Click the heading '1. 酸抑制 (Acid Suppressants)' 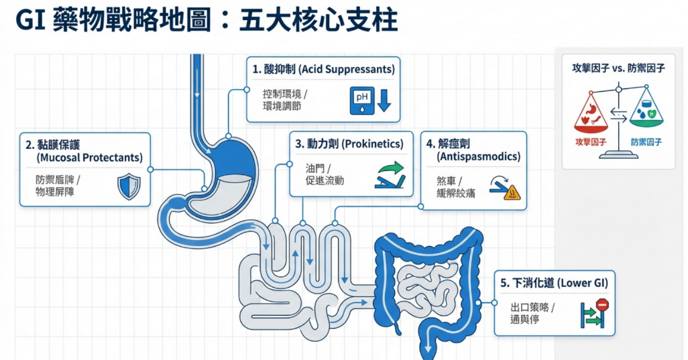[x=323, y=69]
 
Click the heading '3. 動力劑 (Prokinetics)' [x=350, y=143]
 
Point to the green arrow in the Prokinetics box [x=392, y=168]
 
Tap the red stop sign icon [x=601, y=305]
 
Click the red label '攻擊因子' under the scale [x=590, y=142]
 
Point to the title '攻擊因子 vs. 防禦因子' [x=618, y=68]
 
